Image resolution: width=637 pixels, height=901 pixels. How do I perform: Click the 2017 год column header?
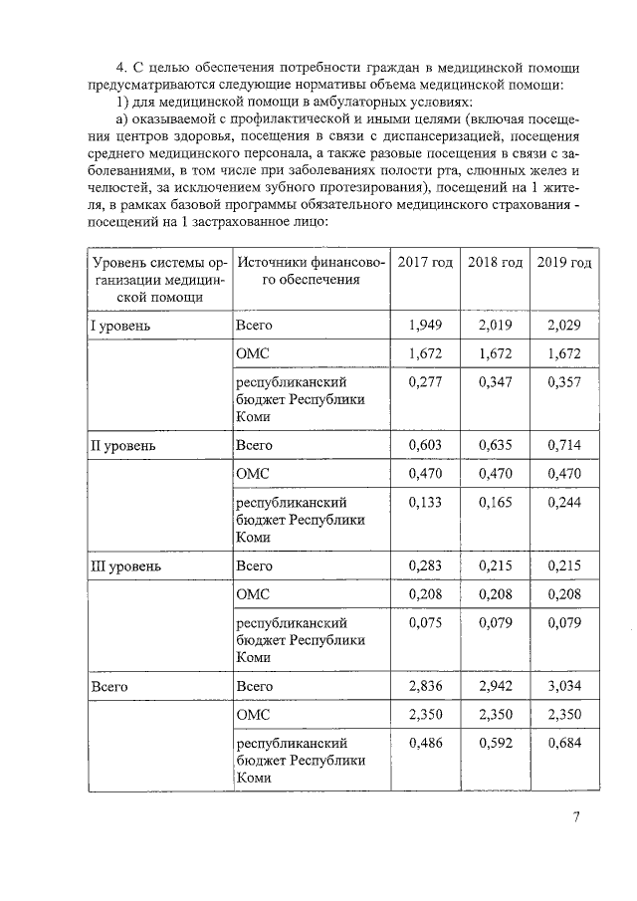pyautogui.click(x=425, y=262)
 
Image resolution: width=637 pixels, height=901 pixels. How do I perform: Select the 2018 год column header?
pyautogui.click(x=495, y=262)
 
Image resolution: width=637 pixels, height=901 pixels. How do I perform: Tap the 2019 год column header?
pyautogui.click(x=563, y=262)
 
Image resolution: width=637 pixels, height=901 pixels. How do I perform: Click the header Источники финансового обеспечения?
pyautogui.click(x=309, y=271)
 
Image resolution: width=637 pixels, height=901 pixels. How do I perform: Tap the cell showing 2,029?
pyautogui.click(x=563, y=326)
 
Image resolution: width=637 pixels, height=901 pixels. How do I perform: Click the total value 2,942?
pyautogui.click(x=495, y=687)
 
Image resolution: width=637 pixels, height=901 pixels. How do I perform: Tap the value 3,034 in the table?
pyautogui.click(x=563, y=687)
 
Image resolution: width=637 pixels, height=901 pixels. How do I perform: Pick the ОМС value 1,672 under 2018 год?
pyautogui.click(x=495, y=353)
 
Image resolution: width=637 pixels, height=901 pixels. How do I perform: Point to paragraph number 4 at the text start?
pyautogui.click(x=121, y=68)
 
